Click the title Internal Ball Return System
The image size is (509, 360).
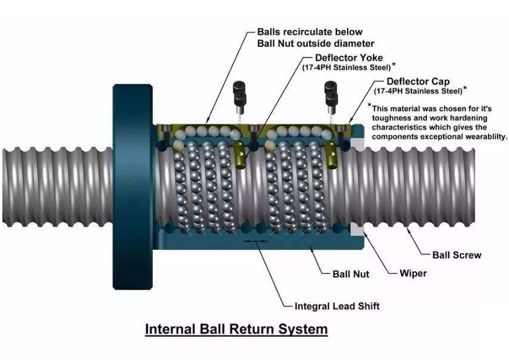(x=237, y=329)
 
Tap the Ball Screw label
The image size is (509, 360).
(x=457, y=255)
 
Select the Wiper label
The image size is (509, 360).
(x=413, y=273)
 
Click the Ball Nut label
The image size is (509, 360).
(x=351, y=274)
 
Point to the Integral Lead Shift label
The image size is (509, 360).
(x=337, y=306)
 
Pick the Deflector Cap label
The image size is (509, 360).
(x=418, y=81)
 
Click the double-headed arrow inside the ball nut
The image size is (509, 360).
(x=256, y=242)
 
